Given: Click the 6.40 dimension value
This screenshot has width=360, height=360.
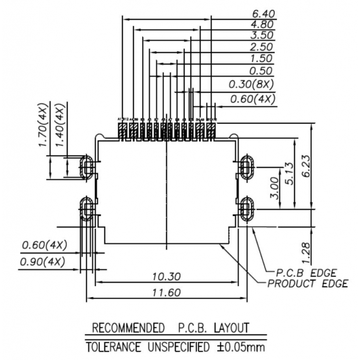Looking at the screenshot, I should point(262,13).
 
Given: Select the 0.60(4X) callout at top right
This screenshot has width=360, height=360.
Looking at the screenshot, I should point(252,99).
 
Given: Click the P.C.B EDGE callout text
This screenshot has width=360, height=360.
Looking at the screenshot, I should point(306,273).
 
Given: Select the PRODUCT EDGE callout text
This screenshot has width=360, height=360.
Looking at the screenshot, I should point(308,283).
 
